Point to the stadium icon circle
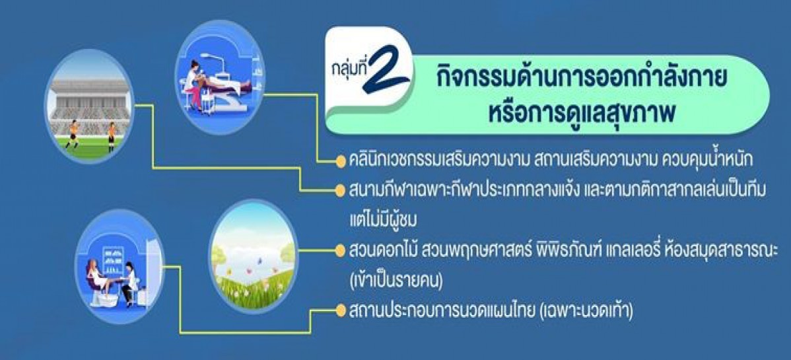pos(89,106)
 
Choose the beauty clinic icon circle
pos(219,77)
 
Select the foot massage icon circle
pos(120,267)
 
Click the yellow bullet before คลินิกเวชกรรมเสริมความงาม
pos(341,161)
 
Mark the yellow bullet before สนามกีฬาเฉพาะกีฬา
pos(341,191)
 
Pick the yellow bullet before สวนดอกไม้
pos(341,250)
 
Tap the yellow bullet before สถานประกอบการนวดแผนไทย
pos(341,310)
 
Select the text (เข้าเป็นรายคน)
pos(395,281)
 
